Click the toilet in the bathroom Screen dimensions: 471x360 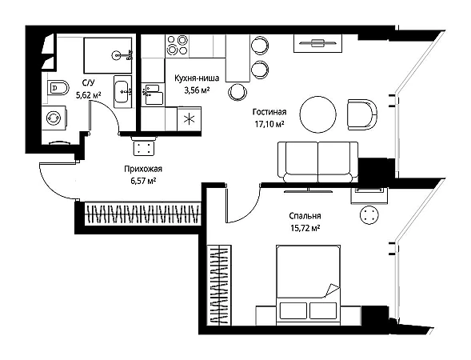(x=58, y=88)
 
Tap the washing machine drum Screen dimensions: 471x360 (x=54, y=118)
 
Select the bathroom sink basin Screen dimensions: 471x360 (x=123, y=91)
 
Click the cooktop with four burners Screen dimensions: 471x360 (x=178, y=46)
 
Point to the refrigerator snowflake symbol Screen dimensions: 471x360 (x=189, y=119)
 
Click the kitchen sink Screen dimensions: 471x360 (x=154, y=94)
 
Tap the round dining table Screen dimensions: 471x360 (x=317, y=114)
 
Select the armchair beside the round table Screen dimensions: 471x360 (x=362, y=114)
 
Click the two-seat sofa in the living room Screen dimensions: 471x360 (x=317, y=162)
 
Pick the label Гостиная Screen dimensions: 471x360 (x=269, y=112)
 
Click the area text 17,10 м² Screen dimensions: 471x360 (x=269, y=124)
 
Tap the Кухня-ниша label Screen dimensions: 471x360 (x=197, y=78)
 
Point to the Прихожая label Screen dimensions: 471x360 (x=143, y=169)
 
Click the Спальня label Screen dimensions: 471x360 (x=305, y=216)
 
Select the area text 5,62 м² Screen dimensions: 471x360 (x=89, y=95)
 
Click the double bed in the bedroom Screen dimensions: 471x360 (x=308, y=285)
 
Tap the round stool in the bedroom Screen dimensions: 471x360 (x=369, y=215)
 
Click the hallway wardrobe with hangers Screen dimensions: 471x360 (x=142, y=214)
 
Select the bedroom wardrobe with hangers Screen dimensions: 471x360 (x=219, y=285)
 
